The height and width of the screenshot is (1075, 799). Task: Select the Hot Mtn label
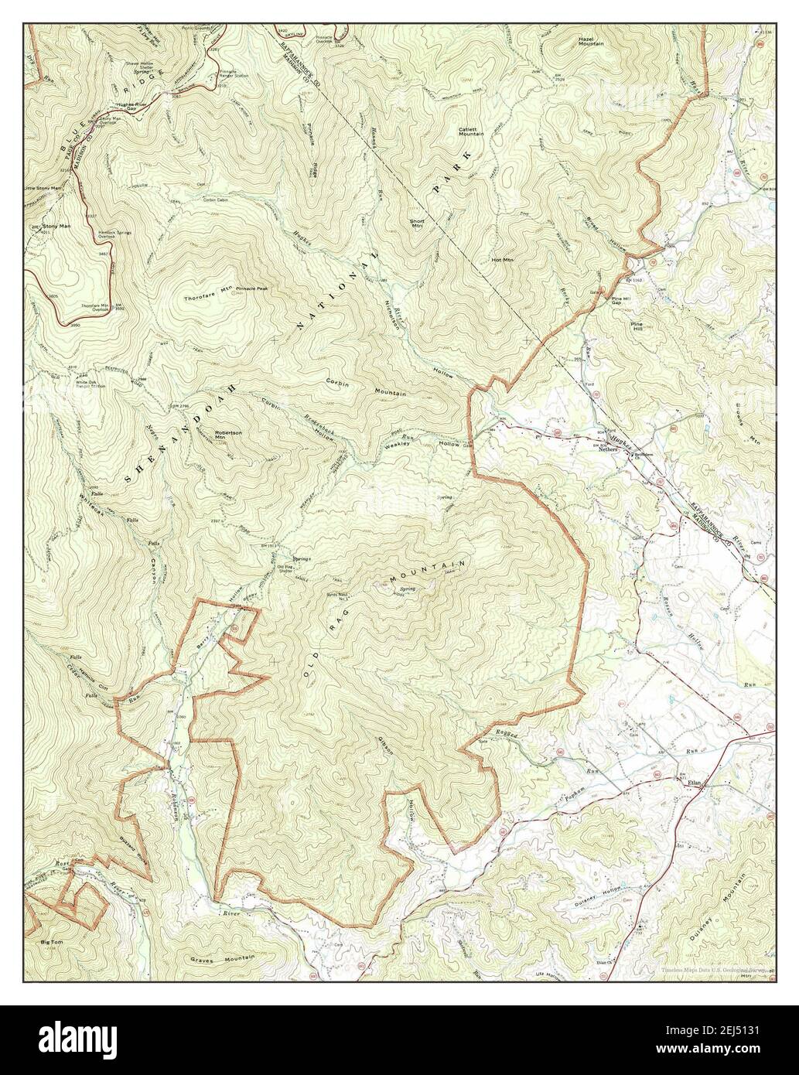[x=503, y=260]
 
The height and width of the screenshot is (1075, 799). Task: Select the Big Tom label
[x=52, y=943]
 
